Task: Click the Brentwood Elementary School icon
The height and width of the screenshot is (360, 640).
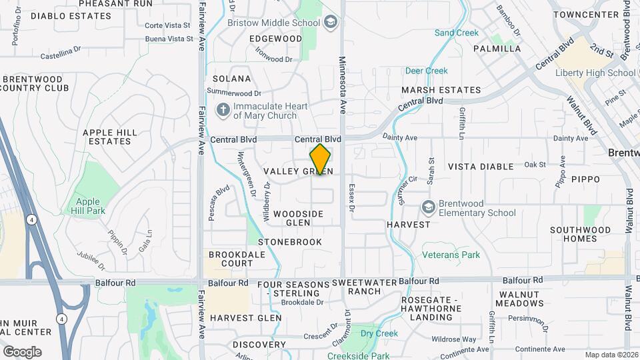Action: click(429, 208)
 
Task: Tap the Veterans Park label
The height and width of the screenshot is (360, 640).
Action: click(451, 255)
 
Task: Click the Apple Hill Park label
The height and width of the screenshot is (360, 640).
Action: click(88, 206)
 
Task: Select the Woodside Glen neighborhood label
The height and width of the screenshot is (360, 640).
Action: click(298, 218)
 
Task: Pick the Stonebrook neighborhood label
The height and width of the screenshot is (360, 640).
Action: click(290, 242)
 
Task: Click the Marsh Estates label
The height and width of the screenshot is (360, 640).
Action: click(441, 90)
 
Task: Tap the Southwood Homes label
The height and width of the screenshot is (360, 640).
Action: click(580, 234)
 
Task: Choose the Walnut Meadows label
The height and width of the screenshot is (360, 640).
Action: click(521, 299)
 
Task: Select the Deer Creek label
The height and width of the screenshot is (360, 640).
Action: click(426, 71)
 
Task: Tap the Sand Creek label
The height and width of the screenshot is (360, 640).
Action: click(456, 33)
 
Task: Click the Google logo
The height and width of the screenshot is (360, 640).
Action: click(21, 351)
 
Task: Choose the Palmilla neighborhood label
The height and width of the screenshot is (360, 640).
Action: click(497, 49)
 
